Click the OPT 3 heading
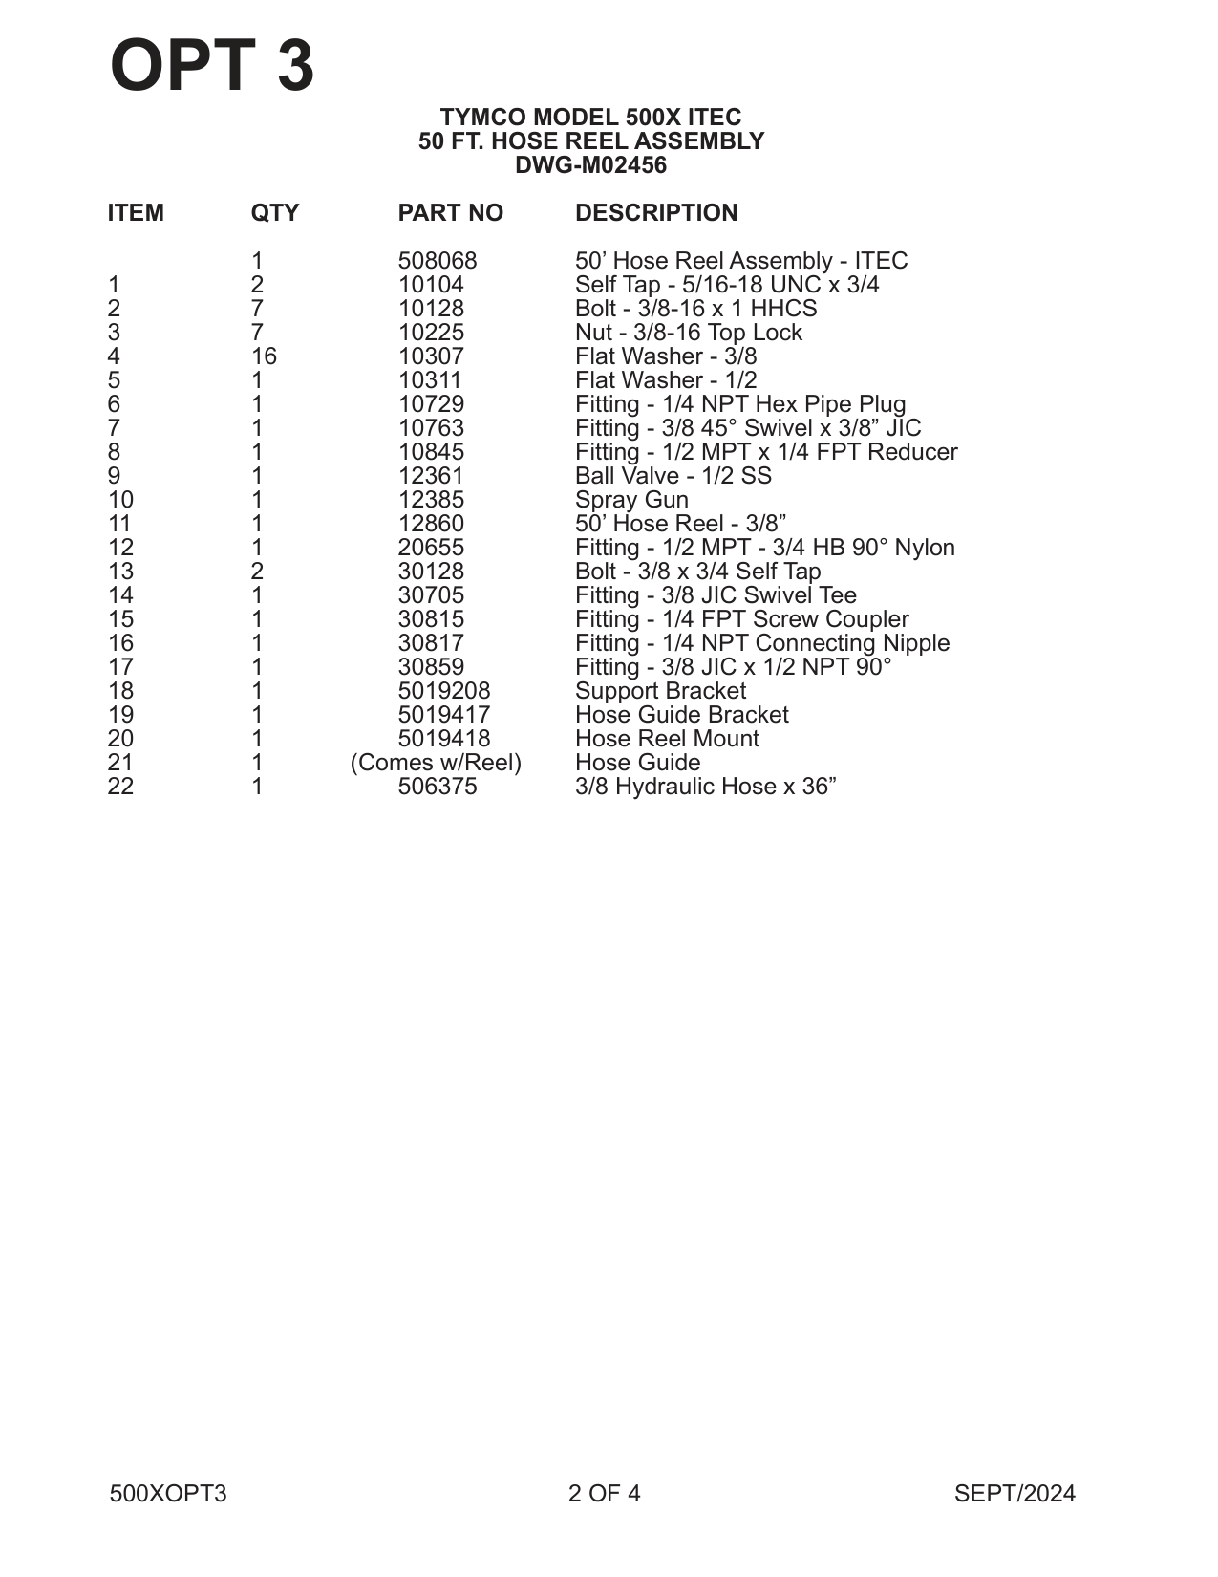point(212,66)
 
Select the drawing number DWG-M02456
point(590,165)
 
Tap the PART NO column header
point(450,212)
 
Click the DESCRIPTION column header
point(656,212)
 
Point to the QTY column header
point(274,212)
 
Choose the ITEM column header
point(136,212)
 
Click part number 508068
point(437,261)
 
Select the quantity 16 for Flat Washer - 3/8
point(264,356)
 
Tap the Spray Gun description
point(631,500)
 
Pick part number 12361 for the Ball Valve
point(431,476)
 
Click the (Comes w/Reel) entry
point(436,763)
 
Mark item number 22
point(120,787)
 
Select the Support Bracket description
point(660,691)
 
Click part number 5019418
point(443,739)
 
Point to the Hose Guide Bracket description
point(681,715)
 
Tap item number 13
point(120,572)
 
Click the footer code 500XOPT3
point(168,1494)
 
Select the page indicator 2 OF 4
point(604,1494)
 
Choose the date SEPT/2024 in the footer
point(1015,1494)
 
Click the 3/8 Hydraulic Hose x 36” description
point(705,787)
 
